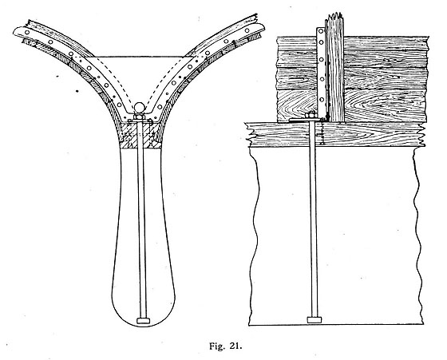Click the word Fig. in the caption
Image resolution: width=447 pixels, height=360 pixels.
pos(217,346)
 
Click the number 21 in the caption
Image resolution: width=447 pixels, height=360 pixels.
pos(235,346)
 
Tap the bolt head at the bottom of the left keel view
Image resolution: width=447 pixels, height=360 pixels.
pos(144,320)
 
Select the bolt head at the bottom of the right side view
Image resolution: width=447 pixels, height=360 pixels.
pos(314,319)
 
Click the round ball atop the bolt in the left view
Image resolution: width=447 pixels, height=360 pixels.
pos(140,108)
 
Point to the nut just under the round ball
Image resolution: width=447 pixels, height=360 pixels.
pos(140,117)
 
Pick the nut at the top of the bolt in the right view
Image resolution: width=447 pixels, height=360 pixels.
pos(311,116)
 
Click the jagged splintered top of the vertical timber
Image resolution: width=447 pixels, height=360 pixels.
pos(334,17)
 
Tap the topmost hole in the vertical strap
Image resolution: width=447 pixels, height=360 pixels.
pos(321,31)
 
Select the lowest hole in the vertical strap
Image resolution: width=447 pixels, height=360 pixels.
pos(322,100)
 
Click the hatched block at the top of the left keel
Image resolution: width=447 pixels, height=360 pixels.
pos(140,134)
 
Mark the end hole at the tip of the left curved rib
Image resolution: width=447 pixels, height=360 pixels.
pos(27,32)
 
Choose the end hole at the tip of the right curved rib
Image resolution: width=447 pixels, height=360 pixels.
pos(247,30)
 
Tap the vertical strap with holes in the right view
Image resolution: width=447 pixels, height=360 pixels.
pos(322,73)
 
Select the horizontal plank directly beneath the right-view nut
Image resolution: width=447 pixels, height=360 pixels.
pos(335,134)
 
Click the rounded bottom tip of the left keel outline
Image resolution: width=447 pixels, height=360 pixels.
pos(144,326)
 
